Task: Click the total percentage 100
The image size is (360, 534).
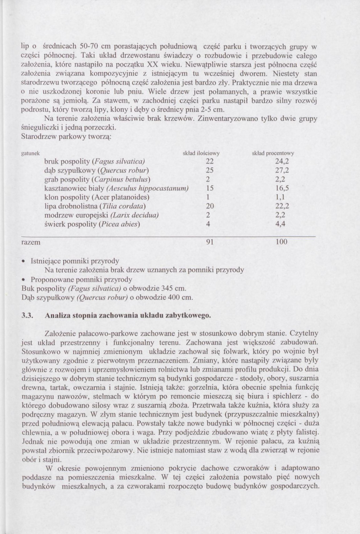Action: [x=281, y=242]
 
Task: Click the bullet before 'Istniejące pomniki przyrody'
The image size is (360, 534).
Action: [x=24, y=261]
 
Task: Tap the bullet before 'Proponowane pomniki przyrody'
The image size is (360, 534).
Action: [x=24, y=279]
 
